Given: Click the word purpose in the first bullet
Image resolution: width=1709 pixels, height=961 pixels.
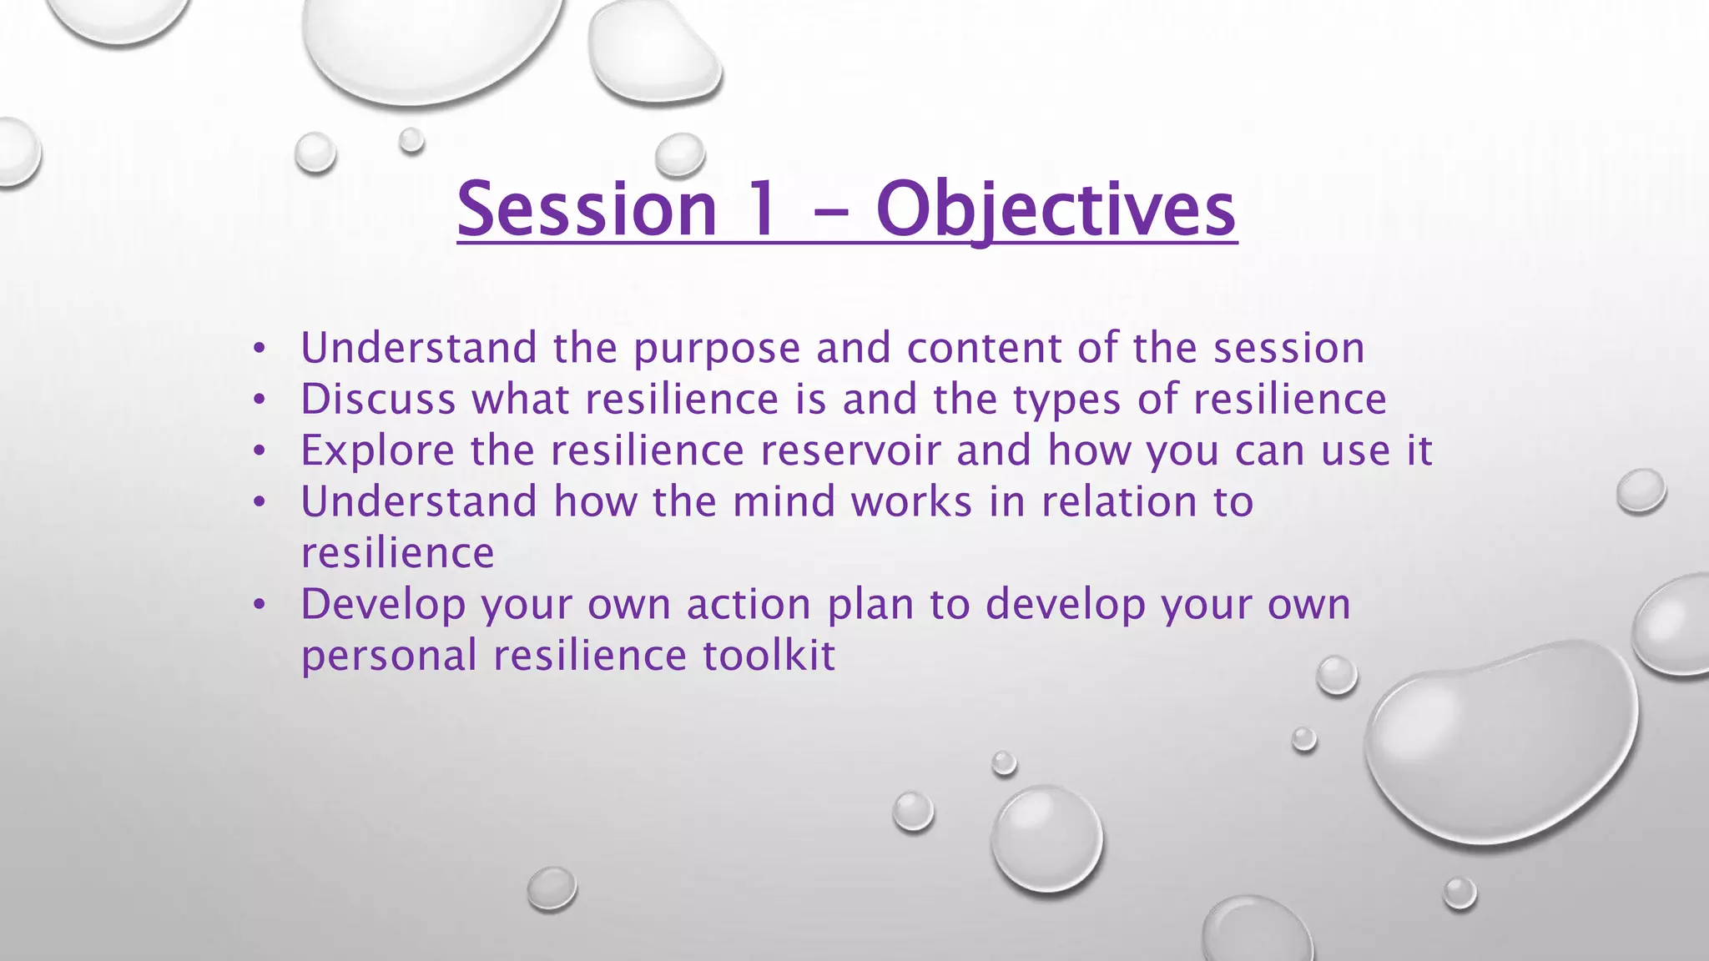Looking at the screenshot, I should point(717,349).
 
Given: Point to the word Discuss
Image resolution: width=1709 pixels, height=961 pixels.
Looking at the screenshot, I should point(378,399).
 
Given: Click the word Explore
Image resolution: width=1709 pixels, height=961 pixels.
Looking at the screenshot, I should point(377,451).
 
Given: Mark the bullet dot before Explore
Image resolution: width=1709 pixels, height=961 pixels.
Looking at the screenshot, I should point(260,451).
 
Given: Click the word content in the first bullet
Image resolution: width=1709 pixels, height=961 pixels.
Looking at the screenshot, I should point(984,349).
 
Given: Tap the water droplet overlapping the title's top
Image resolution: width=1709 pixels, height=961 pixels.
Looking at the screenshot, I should point(680,155).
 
